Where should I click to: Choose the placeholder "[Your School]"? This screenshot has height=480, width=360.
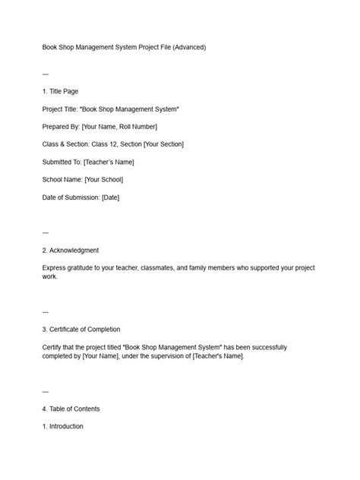[x=103, y=179]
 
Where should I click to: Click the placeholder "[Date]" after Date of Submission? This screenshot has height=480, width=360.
[x=110, y=197]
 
